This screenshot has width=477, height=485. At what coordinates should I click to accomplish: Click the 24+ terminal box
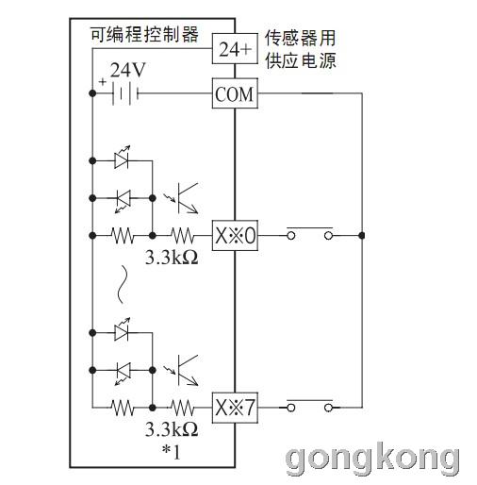pos(235,49)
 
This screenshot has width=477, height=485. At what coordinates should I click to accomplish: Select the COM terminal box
pos(235,93)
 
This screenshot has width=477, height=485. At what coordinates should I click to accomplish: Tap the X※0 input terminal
pos(235,235)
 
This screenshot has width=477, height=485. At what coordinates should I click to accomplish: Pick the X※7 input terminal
pos(235,408)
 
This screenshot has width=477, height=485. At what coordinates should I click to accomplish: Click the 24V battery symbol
pos(125,93)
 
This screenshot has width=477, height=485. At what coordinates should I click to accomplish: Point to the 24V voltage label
pos(128,70)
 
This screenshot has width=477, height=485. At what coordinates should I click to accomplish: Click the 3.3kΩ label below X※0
pos(172,258)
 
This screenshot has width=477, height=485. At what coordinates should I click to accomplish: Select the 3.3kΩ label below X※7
pos(172,429)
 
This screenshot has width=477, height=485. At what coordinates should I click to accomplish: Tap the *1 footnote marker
pos(172,452)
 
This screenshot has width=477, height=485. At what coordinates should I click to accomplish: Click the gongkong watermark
pos(372,458)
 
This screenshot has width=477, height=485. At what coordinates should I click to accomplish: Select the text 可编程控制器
pos(144,34)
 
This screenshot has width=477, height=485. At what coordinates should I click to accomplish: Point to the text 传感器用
pos(301,38)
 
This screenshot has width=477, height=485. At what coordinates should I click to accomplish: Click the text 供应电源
pos(301,60)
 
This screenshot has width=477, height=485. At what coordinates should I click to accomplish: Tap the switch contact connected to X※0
pos(310,233)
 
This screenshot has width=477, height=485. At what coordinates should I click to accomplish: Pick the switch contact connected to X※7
pos(310,405)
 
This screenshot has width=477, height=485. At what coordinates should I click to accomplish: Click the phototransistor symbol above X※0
pos(182,198)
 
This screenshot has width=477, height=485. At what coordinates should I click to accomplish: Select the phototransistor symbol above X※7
pos(182,370)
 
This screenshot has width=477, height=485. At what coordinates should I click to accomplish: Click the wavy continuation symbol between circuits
pos(122,284)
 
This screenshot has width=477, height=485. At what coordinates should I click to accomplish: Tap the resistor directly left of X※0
pos(182,235)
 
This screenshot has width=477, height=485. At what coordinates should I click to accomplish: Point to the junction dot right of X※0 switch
pos(362,235)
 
